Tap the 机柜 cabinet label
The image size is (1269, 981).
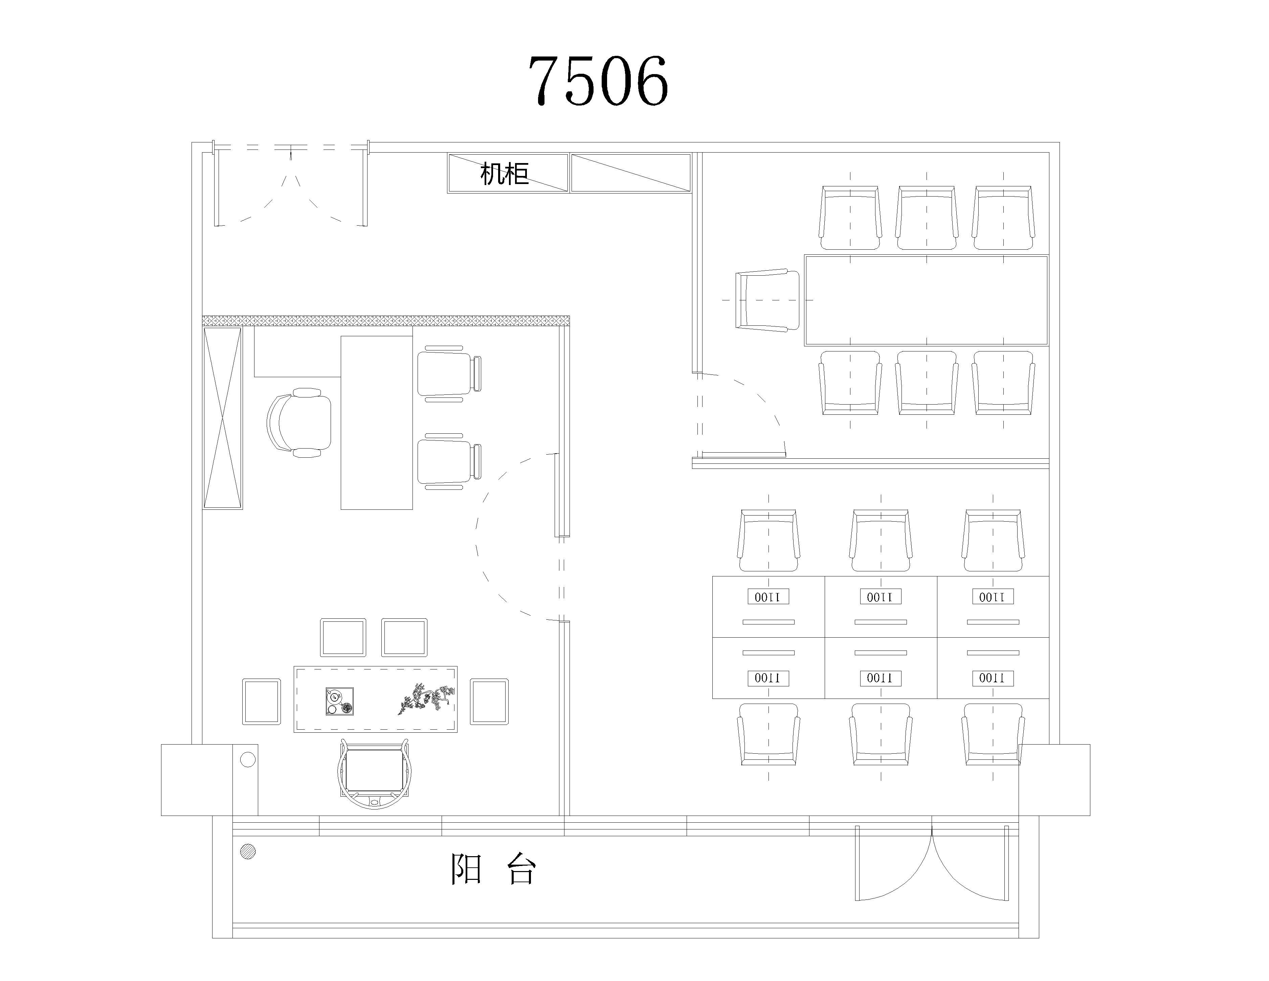coord(504,173)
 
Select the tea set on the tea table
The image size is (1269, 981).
coord(339,701)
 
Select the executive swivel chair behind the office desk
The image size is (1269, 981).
coord(299,423)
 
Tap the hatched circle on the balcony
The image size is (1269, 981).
coord(248,851)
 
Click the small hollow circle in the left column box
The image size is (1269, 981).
coord(248,759)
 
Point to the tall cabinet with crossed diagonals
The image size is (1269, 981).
coord(223,418)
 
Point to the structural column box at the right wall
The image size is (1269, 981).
coord(1054,779)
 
